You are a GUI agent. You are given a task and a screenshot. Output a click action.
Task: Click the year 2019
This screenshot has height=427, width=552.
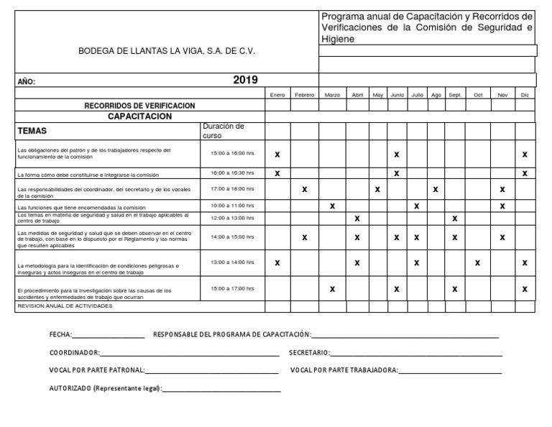[x=245, y=80]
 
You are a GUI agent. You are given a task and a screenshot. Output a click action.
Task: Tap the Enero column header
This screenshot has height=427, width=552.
[x=277, y=95]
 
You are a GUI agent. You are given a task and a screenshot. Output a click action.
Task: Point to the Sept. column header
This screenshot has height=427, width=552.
[x=455, y=95]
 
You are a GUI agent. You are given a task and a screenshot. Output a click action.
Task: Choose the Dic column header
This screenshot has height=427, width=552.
[x=525, y=95]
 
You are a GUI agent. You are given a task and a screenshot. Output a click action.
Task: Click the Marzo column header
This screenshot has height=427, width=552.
[x=332, y=95]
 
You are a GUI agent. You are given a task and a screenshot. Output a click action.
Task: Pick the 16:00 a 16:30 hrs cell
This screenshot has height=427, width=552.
[x=232, y=173]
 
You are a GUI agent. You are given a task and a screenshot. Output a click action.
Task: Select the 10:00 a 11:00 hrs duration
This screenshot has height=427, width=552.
[x=232, y=206]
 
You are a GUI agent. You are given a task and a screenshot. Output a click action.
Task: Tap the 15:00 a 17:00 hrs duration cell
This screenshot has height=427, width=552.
[x=232, y=288]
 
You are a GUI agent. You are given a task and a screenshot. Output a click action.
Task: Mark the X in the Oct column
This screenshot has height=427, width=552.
[x=477, y=263]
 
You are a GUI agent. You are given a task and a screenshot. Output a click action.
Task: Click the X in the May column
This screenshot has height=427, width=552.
[x=377, y=190]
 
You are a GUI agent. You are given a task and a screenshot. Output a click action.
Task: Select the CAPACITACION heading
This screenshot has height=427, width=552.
[x=139, y=115]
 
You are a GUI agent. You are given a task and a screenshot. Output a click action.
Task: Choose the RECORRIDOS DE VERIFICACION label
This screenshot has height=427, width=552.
[x=139, y=105]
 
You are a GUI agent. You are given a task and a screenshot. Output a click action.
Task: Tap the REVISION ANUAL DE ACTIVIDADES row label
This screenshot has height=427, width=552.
[x=65, y=306]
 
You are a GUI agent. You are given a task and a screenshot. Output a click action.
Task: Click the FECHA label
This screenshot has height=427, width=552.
[x=60, y=335]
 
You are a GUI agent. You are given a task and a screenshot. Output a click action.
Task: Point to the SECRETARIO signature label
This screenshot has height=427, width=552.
[x=309, y=353]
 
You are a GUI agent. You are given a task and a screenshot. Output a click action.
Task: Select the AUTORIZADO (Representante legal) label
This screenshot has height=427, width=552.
[x=105, y=388]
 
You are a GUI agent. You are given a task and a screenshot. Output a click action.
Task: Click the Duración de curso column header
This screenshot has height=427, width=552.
[x=224, y=130]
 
